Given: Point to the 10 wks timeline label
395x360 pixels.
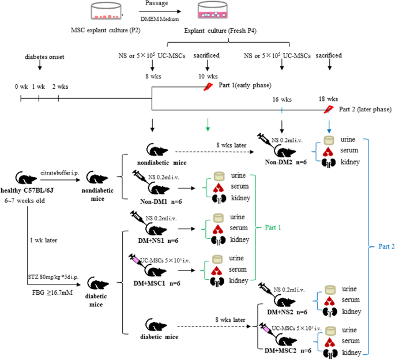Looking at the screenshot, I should [x=208, y=76].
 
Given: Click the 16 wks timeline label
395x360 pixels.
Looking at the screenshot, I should [x=281, y=99].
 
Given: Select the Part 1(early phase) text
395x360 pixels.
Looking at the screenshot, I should [x=246, y=85].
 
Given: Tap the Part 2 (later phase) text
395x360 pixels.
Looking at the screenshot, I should [x=366, y=110].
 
